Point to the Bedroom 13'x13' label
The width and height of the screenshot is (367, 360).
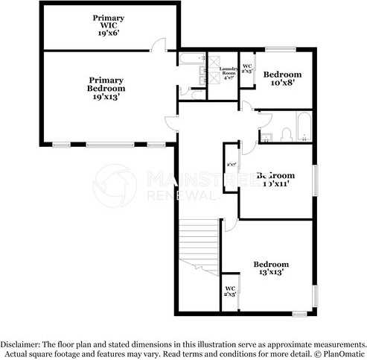pyautogui.click(x=270, y=268)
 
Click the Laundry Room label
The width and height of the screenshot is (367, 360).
pyautogui.click(x=228, y=72)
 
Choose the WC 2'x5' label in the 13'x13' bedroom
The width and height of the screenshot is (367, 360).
pyautogui.click(x=230, y=291)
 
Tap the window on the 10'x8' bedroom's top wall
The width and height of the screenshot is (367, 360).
pyautogui.click(x=281, y=50)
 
